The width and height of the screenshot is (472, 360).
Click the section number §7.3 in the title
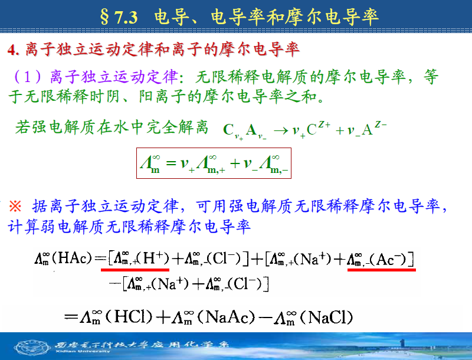click(119, 18)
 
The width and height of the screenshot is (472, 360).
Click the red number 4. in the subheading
click(14, 50)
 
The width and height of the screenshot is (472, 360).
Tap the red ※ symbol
click(15, 207)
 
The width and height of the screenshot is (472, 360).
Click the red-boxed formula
click(214, 163)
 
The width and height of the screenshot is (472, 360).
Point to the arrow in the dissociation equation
click(281, 131)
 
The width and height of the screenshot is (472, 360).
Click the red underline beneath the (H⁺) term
click(135, 270)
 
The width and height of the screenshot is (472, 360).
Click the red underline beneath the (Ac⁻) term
click(382, 270)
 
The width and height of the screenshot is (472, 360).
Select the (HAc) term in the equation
click(71, 258)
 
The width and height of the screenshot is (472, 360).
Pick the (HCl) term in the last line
click(129, 317)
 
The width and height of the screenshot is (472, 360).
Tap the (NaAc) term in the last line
click(227, 317)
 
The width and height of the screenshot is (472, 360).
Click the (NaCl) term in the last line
click(326, 317)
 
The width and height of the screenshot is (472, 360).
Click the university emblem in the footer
click(32, 347)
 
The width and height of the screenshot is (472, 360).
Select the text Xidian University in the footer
click(83, 351)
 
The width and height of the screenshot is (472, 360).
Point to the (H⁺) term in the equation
click(153, 258)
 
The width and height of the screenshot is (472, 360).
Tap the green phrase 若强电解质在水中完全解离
click(112, 127)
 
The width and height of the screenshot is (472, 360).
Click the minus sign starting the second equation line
click(115, 283)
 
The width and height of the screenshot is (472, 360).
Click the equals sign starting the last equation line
click(71, 317)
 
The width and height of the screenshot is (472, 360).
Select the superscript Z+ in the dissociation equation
click(324, 124)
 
